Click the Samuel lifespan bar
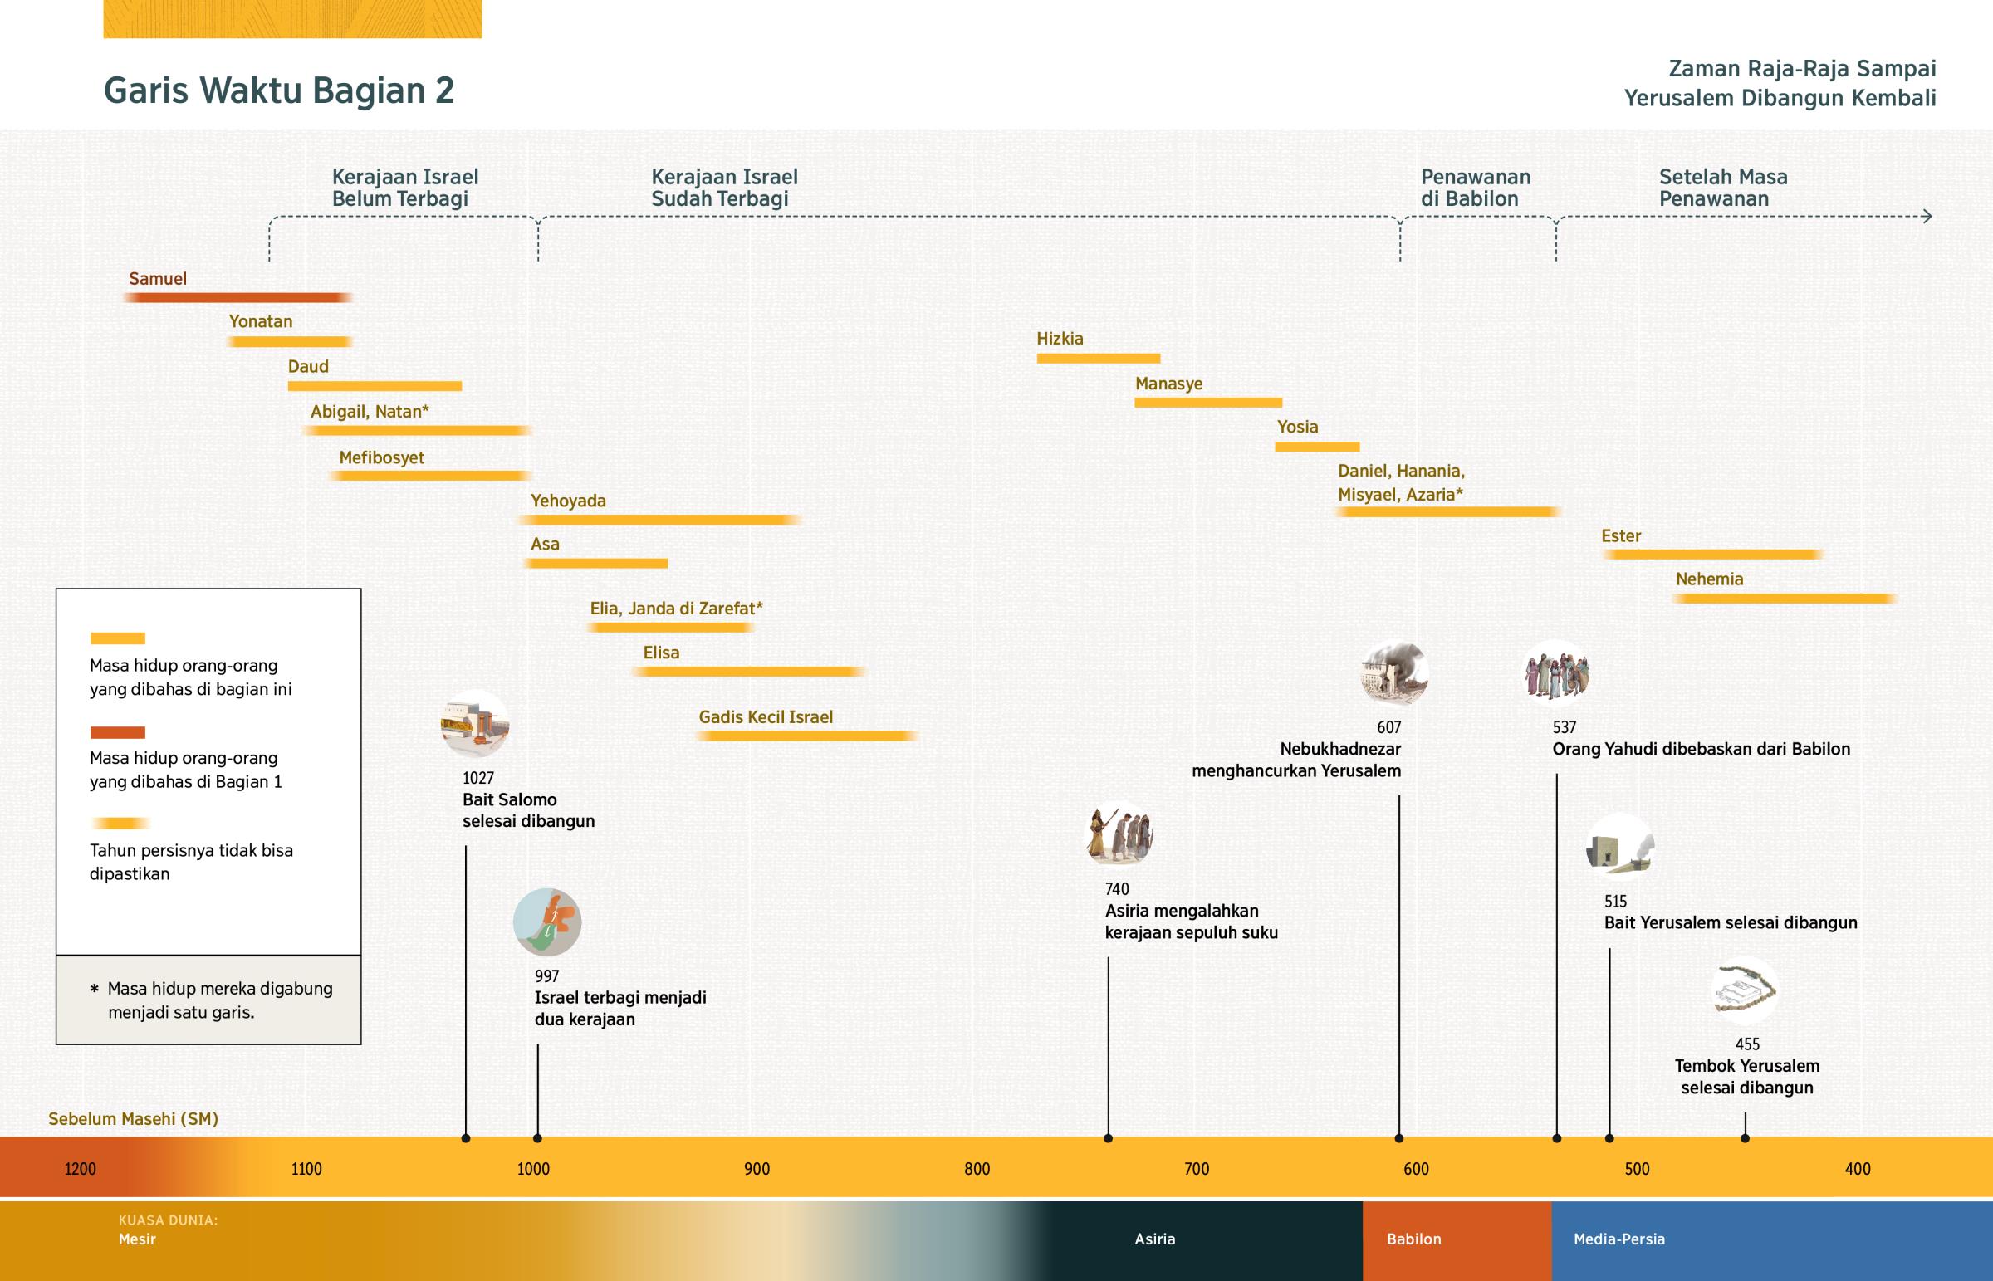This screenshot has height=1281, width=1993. coord(237,298)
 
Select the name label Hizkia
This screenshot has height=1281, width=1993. coord(1060,339)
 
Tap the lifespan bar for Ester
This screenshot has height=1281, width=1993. coord(1711,555)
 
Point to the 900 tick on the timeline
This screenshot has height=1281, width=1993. coord(757,1169)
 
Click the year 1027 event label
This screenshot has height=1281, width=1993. coord(478,778)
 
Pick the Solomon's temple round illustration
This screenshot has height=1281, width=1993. coord(475,724)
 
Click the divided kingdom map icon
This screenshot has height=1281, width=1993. coord(547,922)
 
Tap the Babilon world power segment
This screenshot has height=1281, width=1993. coord(1457,1239)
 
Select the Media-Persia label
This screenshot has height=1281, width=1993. coord(1618,1239)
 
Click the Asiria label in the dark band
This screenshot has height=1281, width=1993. coord(1154,1239)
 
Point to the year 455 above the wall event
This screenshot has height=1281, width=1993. coord(1747,1044)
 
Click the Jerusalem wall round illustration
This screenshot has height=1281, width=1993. coord(1745,990)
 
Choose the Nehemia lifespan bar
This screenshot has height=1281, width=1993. coord(1784,599)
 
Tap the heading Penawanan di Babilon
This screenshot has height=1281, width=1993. coord(1475,188)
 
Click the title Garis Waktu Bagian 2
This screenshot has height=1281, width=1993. coord(279,90)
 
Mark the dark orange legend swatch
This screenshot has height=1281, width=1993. coord(117,733)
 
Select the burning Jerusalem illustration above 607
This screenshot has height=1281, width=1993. coord(1394,673)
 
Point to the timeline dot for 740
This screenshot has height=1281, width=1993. coord(1108,1138)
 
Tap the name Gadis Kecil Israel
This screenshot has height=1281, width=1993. coord(766,717)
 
